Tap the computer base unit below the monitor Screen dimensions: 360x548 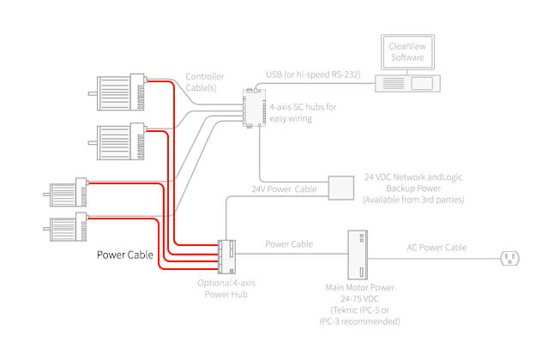pyautogui.click(x=411, y=84)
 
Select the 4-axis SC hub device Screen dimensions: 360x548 pyautogui.click(x=252, y=106)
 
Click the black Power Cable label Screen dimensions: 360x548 pyautogui.click(x=124, y=255)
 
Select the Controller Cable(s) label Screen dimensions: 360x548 pyautogui.click(x=206, y=81)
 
